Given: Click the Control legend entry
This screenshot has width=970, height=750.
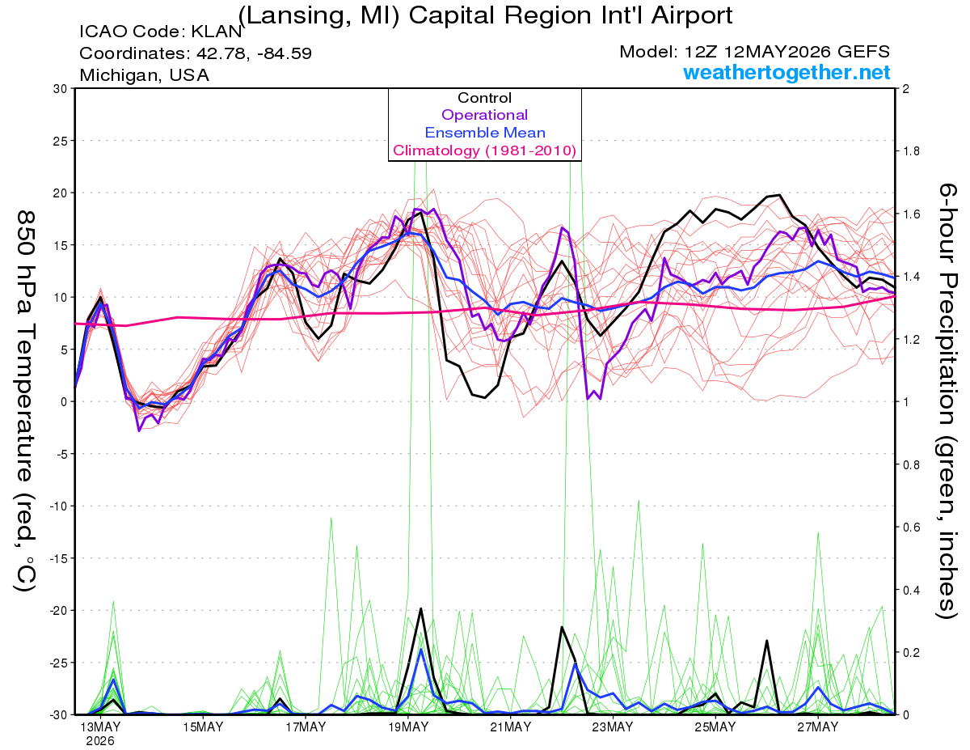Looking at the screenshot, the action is (x=484, y=98).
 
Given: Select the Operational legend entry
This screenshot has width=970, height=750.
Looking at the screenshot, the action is (x=484, y=115).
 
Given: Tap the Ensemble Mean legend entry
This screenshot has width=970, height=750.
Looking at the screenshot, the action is (x=485, y=133).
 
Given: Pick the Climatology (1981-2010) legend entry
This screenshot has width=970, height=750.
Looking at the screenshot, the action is (x=484, y=150).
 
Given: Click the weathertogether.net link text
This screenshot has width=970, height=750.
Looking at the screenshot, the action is (x=786, y=72).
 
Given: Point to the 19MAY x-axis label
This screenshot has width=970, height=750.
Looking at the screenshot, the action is (x=408, y=727).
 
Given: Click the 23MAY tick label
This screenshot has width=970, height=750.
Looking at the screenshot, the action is (x=613, y=727).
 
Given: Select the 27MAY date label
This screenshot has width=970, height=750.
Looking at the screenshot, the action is (x=818, y=727).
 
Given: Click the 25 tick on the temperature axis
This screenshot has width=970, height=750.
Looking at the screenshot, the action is (x=61, y=141).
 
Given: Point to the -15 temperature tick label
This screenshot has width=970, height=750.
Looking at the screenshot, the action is (x=57, y=558).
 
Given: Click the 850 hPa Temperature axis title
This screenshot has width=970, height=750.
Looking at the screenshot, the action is (x=24, y=400).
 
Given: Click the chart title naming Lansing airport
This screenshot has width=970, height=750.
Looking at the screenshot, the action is (x=485, y=15).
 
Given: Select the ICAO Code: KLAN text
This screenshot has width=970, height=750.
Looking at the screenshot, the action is (x=160, y=32).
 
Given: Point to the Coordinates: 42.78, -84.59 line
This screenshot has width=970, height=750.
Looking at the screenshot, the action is (x=196, y=53).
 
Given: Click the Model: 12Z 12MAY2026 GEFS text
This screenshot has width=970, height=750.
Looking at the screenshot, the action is (x=754, y=52).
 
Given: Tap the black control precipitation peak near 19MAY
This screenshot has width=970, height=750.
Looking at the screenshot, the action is (x=420, y=608).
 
